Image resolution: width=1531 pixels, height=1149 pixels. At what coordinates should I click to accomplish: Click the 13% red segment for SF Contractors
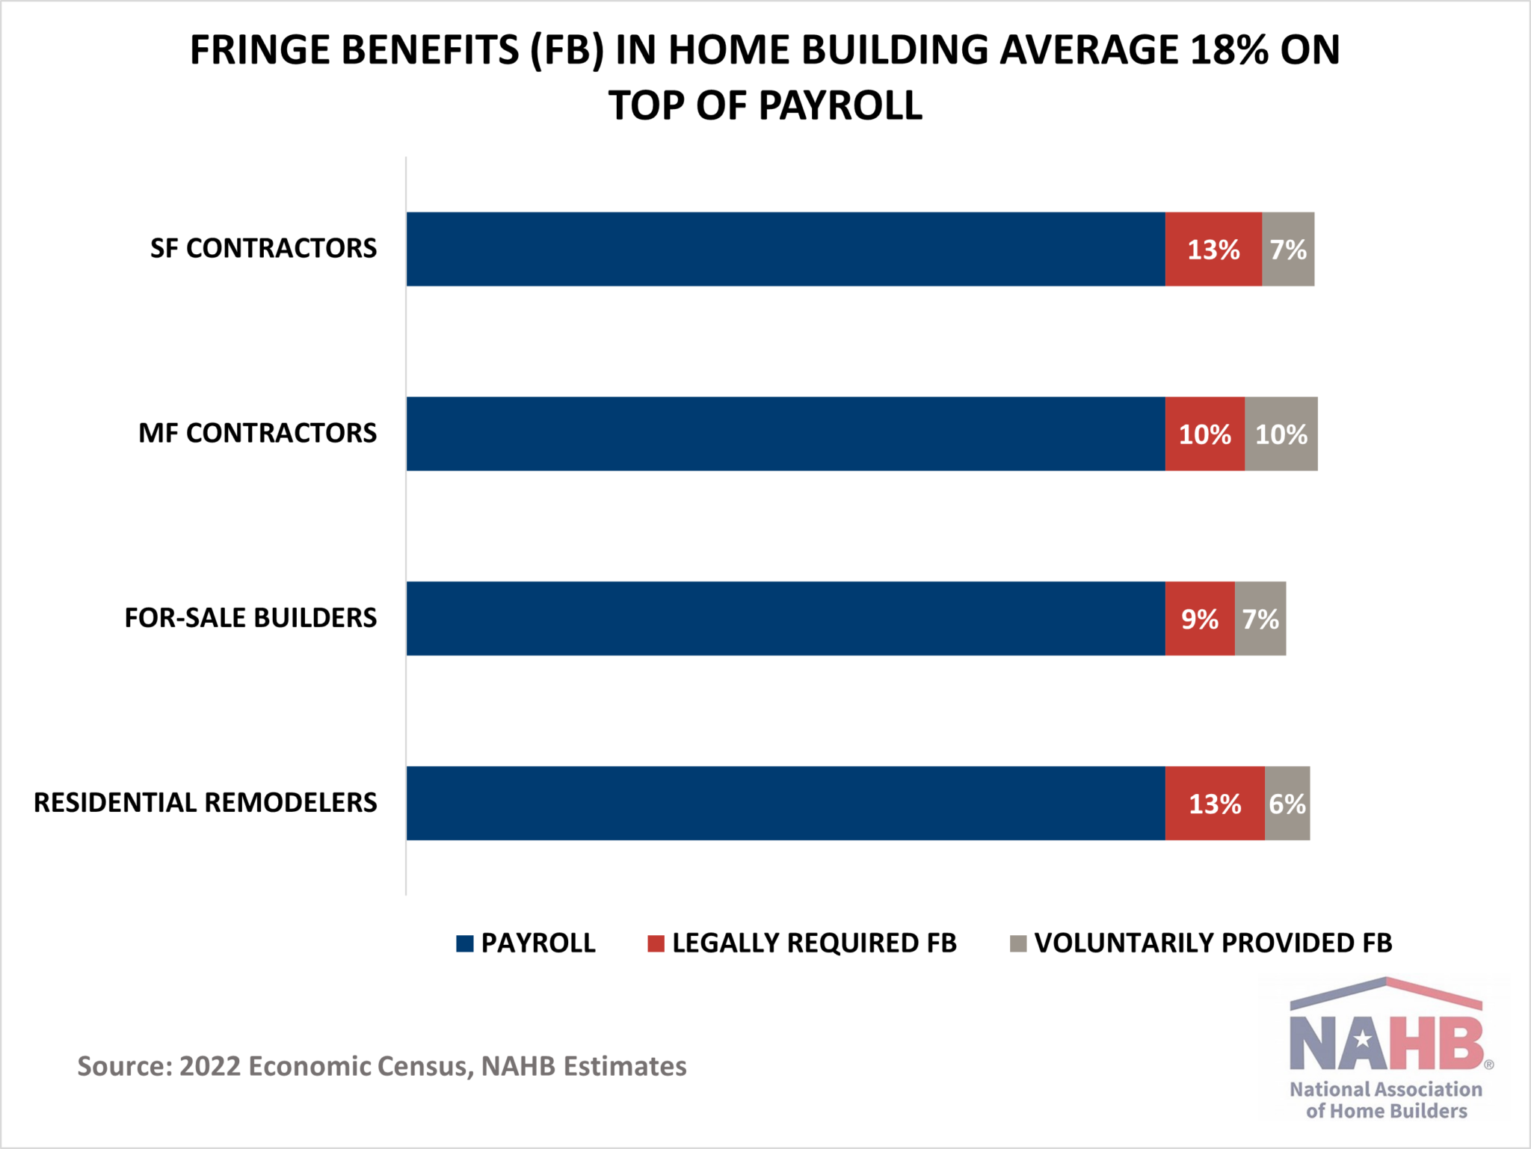tap(1213, 249)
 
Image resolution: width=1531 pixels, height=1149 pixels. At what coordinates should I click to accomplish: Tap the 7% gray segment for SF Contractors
tap(1288, 249)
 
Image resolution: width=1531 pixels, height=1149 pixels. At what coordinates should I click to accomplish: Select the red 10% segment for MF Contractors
tap(1204, 434)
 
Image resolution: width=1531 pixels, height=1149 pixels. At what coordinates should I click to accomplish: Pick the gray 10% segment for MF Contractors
tap(1281, 434)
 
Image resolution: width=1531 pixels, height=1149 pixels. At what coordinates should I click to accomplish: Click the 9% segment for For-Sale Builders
tap(1199, 618)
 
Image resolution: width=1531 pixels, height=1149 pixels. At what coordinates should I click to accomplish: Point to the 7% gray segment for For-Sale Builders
tap(1260, 618)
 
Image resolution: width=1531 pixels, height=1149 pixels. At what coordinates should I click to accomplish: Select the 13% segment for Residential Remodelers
tap(1215, 803)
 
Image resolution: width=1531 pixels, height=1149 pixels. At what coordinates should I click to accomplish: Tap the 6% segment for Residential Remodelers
tap(1287, 803)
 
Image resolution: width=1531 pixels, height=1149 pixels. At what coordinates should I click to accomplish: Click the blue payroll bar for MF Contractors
tap(785, 434)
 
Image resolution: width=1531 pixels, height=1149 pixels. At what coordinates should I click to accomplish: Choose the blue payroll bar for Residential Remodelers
tap(785, 803)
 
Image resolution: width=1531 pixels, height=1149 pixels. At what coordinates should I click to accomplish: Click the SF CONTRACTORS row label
tap(263, 248)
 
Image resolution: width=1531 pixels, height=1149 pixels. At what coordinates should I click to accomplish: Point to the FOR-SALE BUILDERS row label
tap(250, 617)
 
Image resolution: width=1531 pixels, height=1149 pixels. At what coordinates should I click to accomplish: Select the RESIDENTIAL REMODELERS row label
tap(206, 802)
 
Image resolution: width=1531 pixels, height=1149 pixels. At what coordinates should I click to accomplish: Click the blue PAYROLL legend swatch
tap(465, 943)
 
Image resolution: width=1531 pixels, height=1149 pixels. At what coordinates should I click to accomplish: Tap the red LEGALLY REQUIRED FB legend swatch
tap(656, 943)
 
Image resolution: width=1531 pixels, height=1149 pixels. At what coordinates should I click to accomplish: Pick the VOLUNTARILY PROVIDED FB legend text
tap(1213, 943)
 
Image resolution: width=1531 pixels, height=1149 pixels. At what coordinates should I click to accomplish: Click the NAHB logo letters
tap(1387, 1043)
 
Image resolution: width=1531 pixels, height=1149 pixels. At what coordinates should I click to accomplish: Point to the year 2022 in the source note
tap(210, 1066)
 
